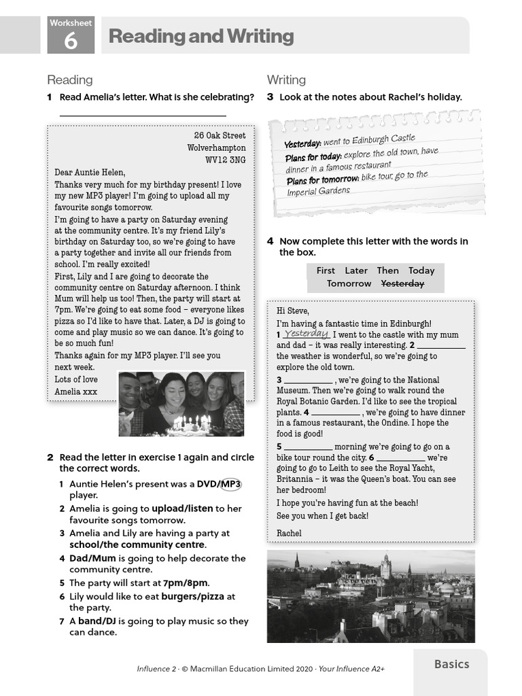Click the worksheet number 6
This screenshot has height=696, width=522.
[x=70, y=41]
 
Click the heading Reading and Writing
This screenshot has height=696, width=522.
[x=201, y=36]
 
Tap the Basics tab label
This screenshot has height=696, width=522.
[x=451, y=664]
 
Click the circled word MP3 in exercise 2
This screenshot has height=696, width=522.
[x=231, y=483]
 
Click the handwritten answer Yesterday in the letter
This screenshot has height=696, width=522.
[x=307, y=334]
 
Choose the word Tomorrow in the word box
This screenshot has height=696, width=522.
[x=349, y=283]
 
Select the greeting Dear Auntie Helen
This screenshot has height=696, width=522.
[x=90, y=172]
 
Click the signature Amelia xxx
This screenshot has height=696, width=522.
[x=75, y=391]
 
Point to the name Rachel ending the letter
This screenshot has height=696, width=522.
[x=289, y=533]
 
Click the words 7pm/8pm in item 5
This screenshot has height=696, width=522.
[x=186, y=582]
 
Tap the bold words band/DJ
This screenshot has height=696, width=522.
[x=97, y=621]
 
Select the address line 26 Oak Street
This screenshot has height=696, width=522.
[x=220, y=135]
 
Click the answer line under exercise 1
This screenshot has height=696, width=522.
[x=143, y=116]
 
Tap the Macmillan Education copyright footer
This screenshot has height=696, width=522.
[x=260, y=669]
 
